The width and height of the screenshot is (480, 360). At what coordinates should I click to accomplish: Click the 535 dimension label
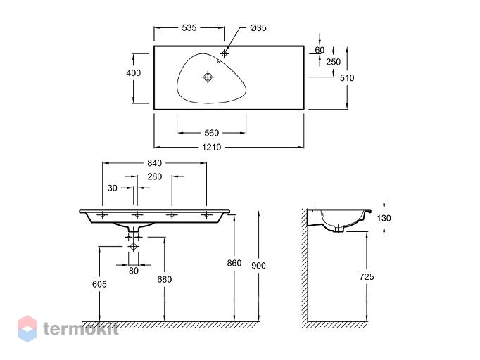(x=189, y=28)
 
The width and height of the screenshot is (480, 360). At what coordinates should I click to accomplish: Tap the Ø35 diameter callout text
(x=258, y=28)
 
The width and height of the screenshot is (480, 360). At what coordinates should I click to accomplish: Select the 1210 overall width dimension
(x=212, y=148)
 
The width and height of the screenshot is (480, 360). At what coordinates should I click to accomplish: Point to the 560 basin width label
(x=212, y=133)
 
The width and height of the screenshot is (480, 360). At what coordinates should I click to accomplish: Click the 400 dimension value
(x=134, y=73)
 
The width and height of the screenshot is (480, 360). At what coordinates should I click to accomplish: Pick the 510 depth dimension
(x=347, y=78)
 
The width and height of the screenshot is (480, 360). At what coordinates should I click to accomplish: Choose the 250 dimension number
(x=333, y=62)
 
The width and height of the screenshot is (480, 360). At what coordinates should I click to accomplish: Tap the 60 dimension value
(x=320, y=50)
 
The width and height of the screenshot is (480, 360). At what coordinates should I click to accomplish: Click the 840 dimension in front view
(x=154, y=163)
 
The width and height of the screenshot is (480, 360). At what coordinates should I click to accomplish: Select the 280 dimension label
(x=155, y=176)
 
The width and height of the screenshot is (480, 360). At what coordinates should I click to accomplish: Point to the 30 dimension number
(x=113, y=188)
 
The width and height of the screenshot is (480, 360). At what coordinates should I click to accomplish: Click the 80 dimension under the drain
(x=134, y=271)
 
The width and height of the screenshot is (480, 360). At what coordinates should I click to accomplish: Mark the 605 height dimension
(x=99, y=284)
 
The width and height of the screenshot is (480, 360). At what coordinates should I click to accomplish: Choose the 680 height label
(x=165, y=279)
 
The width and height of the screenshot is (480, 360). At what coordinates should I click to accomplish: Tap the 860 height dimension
(x=234, y=263)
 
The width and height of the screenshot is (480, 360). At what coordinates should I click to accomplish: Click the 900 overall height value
(x=258, y=266)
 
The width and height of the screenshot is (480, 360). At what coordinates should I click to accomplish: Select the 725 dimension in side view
(x=367, y=277)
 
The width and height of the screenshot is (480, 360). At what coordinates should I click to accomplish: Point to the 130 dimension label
(x=384, y=218)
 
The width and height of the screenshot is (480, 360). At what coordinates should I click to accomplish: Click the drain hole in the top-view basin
(x=208, y=77)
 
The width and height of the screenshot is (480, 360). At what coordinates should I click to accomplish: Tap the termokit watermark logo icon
(x=27, y=328)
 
